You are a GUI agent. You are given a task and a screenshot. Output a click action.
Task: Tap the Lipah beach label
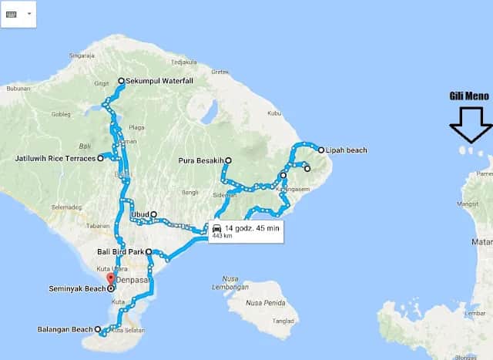[347, 150]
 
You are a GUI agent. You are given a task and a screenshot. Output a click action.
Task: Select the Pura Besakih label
[200, 160]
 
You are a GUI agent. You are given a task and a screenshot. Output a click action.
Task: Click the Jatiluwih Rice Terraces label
[53, 158]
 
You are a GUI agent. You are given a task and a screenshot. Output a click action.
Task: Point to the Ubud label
[139, 214]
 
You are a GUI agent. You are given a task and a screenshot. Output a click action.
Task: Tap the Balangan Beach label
[65, 330]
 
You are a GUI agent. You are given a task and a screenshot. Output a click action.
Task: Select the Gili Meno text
[470, 96]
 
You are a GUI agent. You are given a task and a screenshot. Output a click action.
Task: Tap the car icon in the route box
[217, 228]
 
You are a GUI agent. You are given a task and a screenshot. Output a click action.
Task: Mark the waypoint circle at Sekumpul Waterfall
[121, 81]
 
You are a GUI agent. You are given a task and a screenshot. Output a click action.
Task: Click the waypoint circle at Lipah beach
[321, 150]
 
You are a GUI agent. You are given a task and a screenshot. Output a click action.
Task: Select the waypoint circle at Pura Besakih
[228, 160]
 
